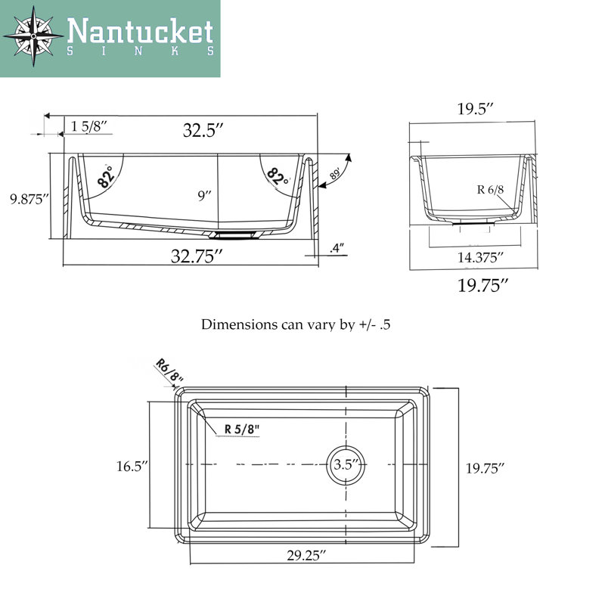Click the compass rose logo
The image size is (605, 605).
33,36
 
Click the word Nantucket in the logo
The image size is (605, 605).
141,31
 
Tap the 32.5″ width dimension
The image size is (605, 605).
203,130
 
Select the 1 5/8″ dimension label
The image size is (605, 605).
88,126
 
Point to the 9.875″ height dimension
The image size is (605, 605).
29,199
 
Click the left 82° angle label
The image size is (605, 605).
106,177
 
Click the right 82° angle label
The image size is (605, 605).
278,177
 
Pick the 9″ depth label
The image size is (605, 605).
204,196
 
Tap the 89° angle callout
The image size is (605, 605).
335,174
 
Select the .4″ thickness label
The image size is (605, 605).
337,248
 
